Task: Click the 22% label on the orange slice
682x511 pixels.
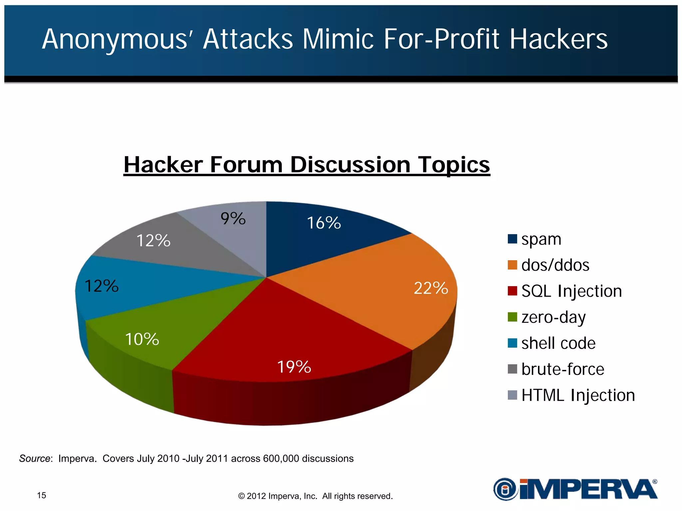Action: [431, 288]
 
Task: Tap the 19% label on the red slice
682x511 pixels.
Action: [294, 367]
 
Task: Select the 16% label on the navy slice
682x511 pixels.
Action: [324, 223]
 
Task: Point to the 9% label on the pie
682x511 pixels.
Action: [233, 219]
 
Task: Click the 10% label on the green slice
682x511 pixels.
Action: [142, 339]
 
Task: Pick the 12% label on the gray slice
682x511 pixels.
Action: [154, 241]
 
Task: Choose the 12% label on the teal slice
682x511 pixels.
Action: [102, 286]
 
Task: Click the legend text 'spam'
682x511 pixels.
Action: [541, 239]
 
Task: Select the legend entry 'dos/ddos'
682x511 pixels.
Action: [555, 265]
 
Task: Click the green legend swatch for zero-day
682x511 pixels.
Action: [512, 317]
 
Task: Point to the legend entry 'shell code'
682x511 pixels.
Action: [558, 343]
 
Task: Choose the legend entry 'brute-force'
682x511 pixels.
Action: [562, 369]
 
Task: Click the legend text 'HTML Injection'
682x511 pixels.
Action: [578, 395]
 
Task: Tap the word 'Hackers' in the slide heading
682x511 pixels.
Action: [558, 39]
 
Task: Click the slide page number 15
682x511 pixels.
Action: [42, 495]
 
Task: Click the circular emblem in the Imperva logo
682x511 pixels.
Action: [505, 489]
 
